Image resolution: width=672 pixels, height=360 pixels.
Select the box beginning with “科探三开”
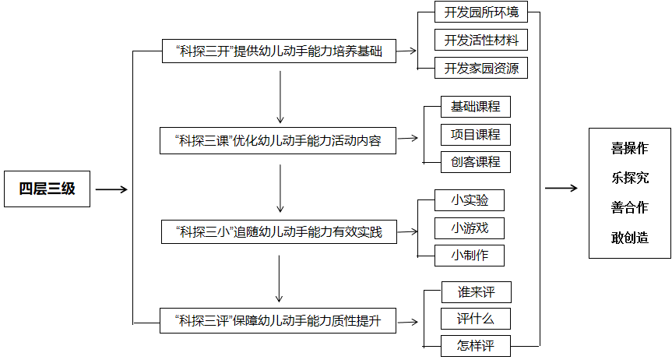tap(279, 52)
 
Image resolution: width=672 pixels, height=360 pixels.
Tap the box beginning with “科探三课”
tap(279, 141)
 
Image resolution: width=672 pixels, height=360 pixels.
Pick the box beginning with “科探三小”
tap(279, 231)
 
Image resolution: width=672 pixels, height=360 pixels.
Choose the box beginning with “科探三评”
tap(279, 320)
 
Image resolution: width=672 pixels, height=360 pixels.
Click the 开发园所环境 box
tap(481, 12)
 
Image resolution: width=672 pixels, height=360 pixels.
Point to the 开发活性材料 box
tap(481, 40)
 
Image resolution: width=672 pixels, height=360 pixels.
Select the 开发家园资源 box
tap(481, 68)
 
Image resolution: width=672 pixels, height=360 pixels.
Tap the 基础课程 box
tap(475, 107)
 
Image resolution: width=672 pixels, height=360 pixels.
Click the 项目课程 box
tap(475, 135)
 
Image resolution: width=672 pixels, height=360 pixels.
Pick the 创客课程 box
tap(475, 162)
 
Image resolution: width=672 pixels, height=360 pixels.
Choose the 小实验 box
tap(470, 200)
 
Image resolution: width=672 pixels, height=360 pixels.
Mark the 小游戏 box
tap(470, 228)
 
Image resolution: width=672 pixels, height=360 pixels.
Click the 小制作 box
tap(470, 255)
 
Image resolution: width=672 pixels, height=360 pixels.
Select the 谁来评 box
tap(476, 292)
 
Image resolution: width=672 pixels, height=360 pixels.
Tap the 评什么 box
tap(476, 319)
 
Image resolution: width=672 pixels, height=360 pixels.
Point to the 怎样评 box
tap(476, 345)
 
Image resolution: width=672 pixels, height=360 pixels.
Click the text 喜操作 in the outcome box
tap(630, 148)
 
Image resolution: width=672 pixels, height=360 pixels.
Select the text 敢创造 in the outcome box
tap(630, 238)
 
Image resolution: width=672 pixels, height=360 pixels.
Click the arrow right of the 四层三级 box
tap(111, 189)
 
